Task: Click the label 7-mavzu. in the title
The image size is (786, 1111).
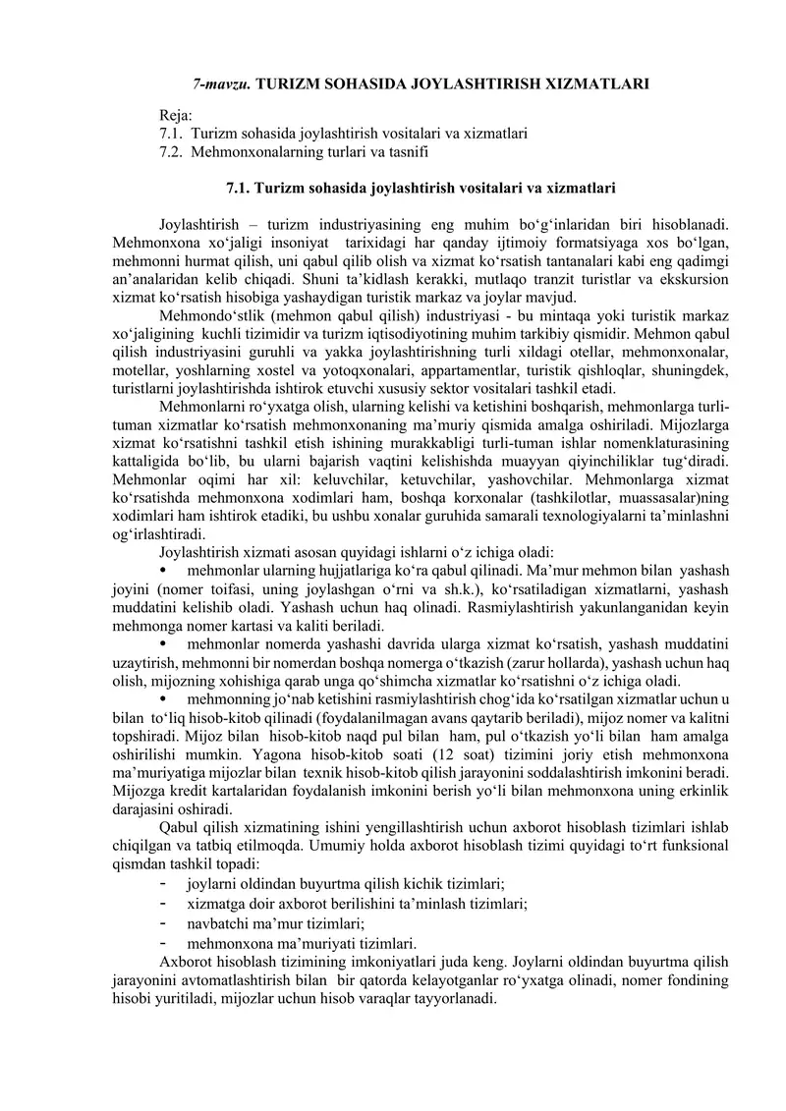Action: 218,85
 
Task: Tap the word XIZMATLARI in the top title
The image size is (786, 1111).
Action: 593,85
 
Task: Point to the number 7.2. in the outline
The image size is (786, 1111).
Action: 172,151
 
